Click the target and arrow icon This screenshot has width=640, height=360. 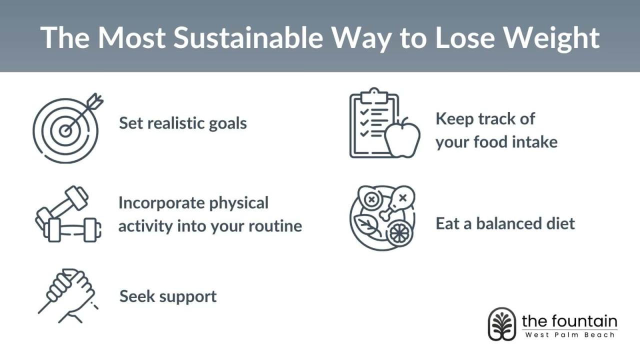point(67,128)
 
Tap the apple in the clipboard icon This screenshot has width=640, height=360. point(403,139)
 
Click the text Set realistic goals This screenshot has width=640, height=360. point(183,123)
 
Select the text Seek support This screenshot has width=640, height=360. point(168,296)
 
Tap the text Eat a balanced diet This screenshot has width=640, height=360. point(505,223)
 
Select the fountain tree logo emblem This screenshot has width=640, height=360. point(501,324)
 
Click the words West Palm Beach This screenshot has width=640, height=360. point(569,334)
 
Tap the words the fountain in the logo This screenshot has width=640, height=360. point(569,320)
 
